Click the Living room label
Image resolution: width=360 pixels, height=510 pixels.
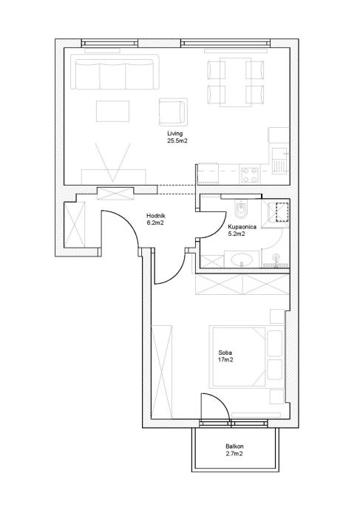click(175, 133)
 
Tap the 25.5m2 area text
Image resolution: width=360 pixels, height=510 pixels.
click(177, 141)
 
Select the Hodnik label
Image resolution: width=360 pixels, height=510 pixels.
click(156, 216)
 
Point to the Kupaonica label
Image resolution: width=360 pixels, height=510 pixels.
click(242, 227)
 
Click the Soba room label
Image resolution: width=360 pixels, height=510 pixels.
click(225, 353)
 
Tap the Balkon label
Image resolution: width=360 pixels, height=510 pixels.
click(234, 446)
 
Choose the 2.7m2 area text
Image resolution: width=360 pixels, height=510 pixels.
click(234, 454)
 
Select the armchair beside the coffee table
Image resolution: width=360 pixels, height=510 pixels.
click(173, 112)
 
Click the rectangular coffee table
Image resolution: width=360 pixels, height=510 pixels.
click(112, 111)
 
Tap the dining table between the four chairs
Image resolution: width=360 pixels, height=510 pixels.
click(236, 82)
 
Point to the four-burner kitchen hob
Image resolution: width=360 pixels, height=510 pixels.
click(250, 174)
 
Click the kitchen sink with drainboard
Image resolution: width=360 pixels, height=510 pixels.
click(280, 161)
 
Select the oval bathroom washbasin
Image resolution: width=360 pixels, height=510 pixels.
click(242, 259)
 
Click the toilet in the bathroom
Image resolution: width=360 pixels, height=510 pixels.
click(241, 211)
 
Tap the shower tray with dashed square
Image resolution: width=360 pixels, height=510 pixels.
click(275, 214)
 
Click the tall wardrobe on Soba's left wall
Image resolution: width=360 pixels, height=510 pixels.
click(162, 371)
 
